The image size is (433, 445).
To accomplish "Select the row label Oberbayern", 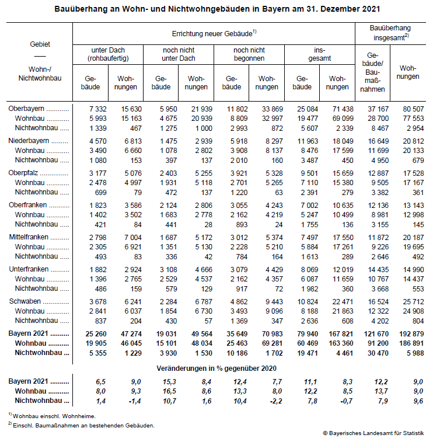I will [x=27, y=109].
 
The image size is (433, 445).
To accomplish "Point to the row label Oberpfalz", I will [x=25, y=173].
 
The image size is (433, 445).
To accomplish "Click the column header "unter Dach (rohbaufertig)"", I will [x=108, y=54].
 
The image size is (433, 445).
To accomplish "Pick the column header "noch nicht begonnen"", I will [x=249, y=54].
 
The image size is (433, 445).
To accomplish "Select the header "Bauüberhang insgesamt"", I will [x=390, y=33].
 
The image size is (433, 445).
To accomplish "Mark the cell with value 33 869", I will [x=269, y=109].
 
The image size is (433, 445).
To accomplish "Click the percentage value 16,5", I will [x=167, y=391].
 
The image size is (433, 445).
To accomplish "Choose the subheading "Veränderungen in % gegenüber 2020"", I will [x=216, y=368].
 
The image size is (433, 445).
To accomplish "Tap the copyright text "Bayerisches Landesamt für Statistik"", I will [x=374, y=433].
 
